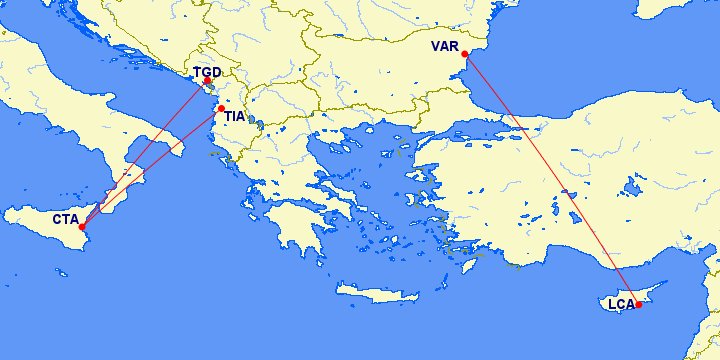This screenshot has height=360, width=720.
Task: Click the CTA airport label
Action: point(66,218)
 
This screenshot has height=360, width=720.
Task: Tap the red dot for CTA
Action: point(82,227)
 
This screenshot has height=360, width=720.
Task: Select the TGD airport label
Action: point(207,72)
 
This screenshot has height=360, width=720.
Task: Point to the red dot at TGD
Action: point(208,81)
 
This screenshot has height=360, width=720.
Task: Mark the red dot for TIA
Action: point(221,107)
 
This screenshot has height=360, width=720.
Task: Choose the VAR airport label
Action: point(445,47)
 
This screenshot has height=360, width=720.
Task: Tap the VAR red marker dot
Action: point(465,54)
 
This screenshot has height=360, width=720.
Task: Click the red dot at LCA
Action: point(639,304)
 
